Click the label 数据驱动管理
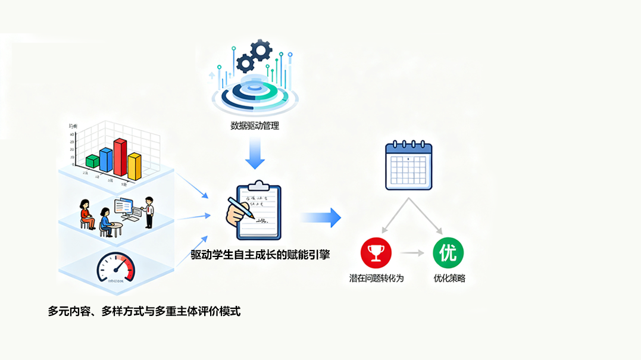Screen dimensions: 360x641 [x=255, y=126]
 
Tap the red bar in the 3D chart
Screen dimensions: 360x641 [x=121, y=157]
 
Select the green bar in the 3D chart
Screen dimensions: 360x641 [x=92, y=161]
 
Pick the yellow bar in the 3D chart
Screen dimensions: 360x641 [x=135, y=166]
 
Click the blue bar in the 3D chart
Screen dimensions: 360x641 [x=107, y=159]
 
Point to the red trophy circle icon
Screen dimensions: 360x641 [x=376, y=253]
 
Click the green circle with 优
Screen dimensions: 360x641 [x=448, y=253]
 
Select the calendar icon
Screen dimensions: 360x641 [x=408, y=166]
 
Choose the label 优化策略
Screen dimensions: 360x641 [x=449, y=278]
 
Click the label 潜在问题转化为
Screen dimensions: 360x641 [x=376, y=278]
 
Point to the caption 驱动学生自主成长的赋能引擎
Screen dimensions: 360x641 [x=260, y=255]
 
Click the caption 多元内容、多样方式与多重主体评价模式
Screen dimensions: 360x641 [x=144, y=311]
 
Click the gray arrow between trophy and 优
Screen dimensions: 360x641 [x=412, y=253]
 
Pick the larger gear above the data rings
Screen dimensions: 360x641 [x=261, y=50]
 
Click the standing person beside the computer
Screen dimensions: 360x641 [x=149, y=212]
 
